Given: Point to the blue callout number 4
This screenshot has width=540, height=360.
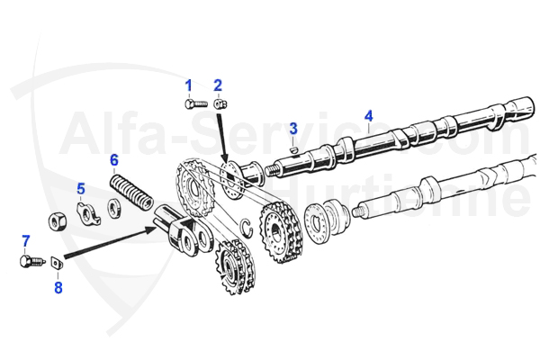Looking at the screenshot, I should tap(368, 115).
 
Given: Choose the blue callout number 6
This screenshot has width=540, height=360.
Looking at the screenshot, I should tap(114, 160).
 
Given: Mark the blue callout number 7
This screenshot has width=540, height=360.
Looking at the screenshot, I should tap(25, 240).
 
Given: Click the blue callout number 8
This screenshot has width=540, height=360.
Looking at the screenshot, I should tap(58, 288).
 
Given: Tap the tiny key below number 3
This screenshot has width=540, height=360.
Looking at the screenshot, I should tap(293, 148).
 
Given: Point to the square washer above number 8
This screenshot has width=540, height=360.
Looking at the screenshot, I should tap(57, 263).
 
